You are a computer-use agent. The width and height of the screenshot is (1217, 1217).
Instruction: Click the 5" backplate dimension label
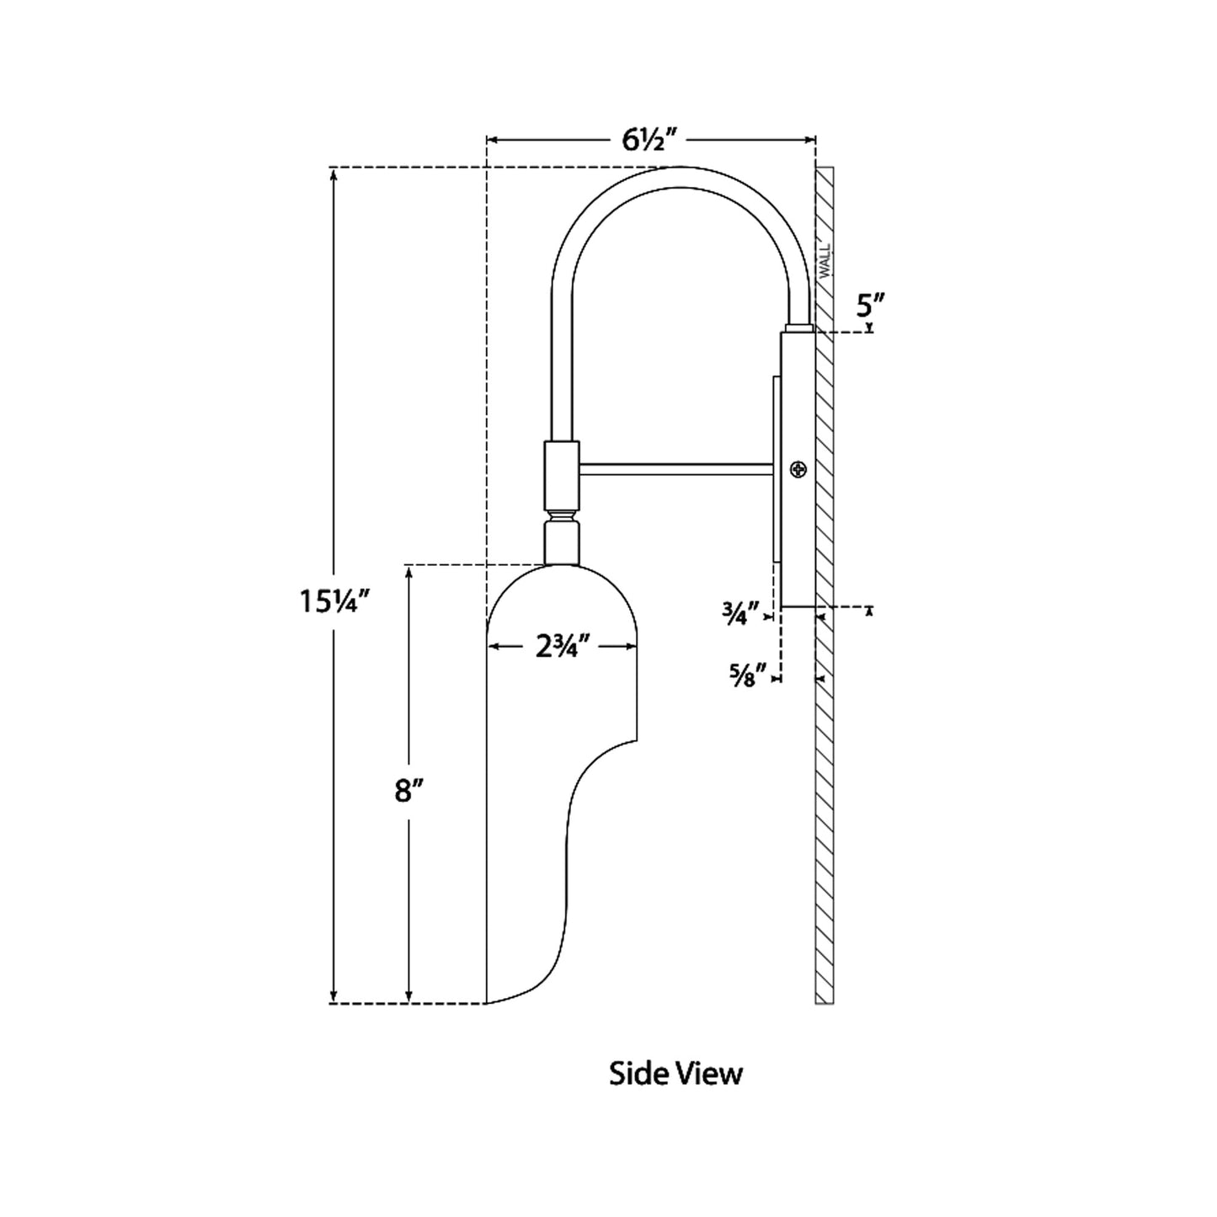click(868, 305)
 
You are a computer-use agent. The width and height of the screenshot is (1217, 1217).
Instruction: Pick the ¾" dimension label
click(740, 612)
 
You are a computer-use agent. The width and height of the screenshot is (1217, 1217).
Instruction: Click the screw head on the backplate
click(798, 470)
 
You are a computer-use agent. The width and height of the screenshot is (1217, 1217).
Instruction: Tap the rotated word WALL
click(825, 259)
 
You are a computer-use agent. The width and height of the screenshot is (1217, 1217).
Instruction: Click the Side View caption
click(675, 1074)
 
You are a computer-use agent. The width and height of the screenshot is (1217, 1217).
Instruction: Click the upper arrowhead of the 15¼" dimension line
click(334, 174)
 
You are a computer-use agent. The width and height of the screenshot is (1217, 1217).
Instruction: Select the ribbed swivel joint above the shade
click(562, 515)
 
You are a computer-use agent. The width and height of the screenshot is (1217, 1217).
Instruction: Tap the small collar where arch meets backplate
click(798, 328)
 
